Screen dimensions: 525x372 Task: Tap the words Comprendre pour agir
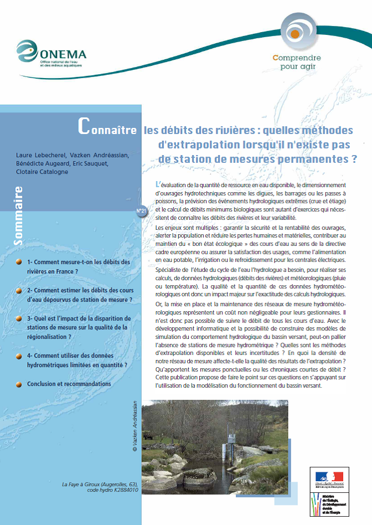pos(297,61)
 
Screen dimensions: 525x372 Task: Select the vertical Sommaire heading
pos(18,216)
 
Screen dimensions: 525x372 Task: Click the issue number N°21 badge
pos(141,211)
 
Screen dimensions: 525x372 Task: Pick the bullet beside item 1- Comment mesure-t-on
pos(18,262)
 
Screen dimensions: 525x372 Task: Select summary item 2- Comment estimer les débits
pos(80,295)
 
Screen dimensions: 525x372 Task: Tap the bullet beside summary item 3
pos(18,319)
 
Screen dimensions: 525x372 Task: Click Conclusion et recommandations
pos(69,384)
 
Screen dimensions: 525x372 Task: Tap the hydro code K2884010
pos(126,490)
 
